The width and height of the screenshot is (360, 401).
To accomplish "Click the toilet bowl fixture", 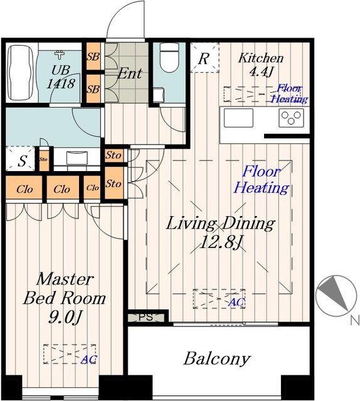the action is click(169, 58).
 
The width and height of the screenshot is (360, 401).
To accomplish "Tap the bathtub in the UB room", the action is click(21, 73).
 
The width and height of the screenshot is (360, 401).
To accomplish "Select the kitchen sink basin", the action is click(238, 118).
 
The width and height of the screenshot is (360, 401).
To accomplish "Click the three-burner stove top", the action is click(291, 118).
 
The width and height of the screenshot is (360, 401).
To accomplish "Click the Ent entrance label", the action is click(129, 74).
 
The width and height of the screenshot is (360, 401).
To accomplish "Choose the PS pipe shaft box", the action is click(146, 318).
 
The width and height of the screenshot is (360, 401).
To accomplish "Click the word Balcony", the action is click(216, 359).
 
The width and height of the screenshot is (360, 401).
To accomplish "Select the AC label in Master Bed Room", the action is click(89, 359).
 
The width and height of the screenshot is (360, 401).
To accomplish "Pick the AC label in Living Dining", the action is click(237, 303).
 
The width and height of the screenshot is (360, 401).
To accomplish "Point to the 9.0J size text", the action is click(65, 318).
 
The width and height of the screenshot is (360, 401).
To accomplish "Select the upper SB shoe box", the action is click(93, 56).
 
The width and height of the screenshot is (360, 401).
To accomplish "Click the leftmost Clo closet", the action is click(24, 187).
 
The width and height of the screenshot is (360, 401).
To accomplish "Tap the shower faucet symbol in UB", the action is click(60, 55).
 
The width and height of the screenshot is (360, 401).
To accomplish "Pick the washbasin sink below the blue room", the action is click(77, 158).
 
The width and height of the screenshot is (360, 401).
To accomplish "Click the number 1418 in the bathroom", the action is click(61, 83).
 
